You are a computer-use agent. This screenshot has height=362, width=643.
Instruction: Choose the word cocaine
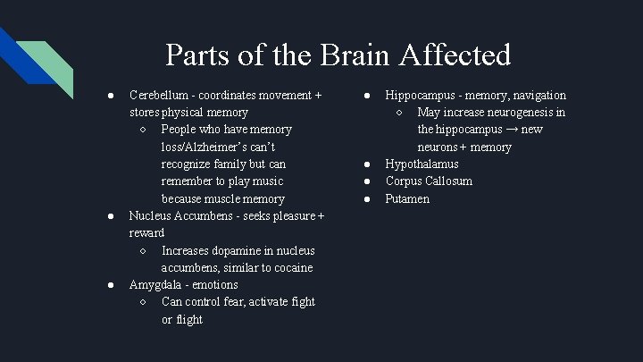pyautogui.click(x=290, y=267)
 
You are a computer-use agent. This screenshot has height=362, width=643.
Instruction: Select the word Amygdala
pyautogui.click(x=157, y=284)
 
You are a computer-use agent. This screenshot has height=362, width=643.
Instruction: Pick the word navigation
pyautogui.click(x=534, y=95)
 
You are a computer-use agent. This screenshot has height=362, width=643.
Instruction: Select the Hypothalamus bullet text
pyautogui.click(x=422, y=164)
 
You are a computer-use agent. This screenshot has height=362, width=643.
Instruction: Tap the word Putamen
pyautogui.click(x=407, y=198)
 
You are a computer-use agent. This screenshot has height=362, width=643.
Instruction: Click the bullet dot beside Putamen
pyautogui.click(x=366, y=198)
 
